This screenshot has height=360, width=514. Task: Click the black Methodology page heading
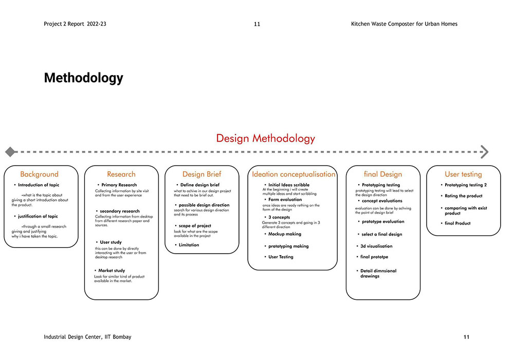[x=83, y=78]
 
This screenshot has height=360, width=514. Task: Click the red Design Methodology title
[x=265, y=138]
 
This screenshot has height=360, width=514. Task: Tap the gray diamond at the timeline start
[x=9, y=152]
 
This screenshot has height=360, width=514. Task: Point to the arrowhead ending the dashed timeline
[x=484, y=152]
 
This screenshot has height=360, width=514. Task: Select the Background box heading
[x=40, y=174]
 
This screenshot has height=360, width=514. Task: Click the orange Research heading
[x=121, y=174]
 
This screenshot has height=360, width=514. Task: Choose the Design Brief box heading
[x=201, y=174]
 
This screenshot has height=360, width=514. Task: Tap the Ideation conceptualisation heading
[x=293, y=174]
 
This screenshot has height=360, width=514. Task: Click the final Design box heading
[x=382, y=174]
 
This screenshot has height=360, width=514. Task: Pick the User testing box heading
[x=463, y=174]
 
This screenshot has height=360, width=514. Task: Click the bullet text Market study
[x=111, y=271]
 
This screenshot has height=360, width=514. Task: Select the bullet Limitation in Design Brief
[x=189, y=245]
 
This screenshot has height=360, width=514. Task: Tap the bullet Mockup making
[x=285, y=234]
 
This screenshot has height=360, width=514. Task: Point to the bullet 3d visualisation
[x=376, y=246]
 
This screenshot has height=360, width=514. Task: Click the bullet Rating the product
[x=463, y=196]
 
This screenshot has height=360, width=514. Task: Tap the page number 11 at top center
[x=257, y=24]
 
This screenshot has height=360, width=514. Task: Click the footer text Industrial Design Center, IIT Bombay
[x=87, y=337]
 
